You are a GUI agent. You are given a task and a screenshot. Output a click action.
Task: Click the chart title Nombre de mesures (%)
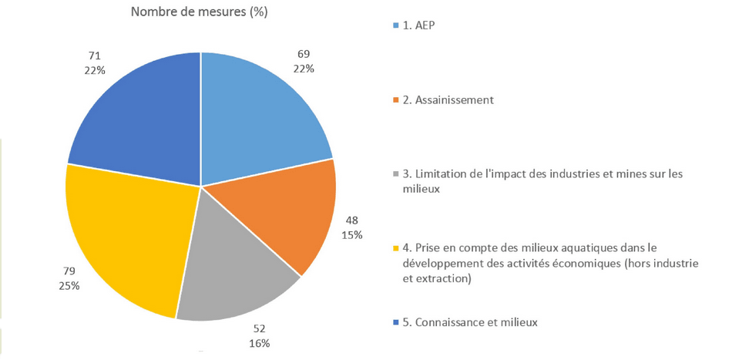point(200,12)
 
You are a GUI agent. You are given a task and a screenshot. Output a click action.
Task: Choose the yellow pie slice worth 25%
point(131,239)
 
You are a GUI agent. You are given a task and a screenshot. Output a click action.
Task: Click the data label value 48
point(352,219)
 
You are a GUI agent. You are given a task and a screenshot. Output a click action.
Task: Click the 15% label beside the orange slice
point(352,234)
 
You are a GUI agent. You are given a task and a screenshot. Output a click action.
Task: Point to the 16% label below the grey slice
point(259,342)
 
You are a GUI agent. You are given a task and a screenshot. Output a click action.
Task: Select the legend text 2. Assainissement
point(448,99)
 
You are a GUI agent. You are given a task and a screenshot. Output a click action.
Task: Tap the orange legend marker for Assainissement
point(396,100)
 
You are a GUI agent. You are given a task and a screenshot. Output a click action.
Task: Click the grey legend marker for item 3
point(396,174)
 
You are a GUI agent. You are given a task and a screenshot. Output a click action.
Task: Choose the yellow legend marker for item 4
point(396,248)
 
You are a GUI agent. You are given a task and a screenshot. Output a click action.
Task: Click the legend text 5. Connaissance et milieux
point(470,322)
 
